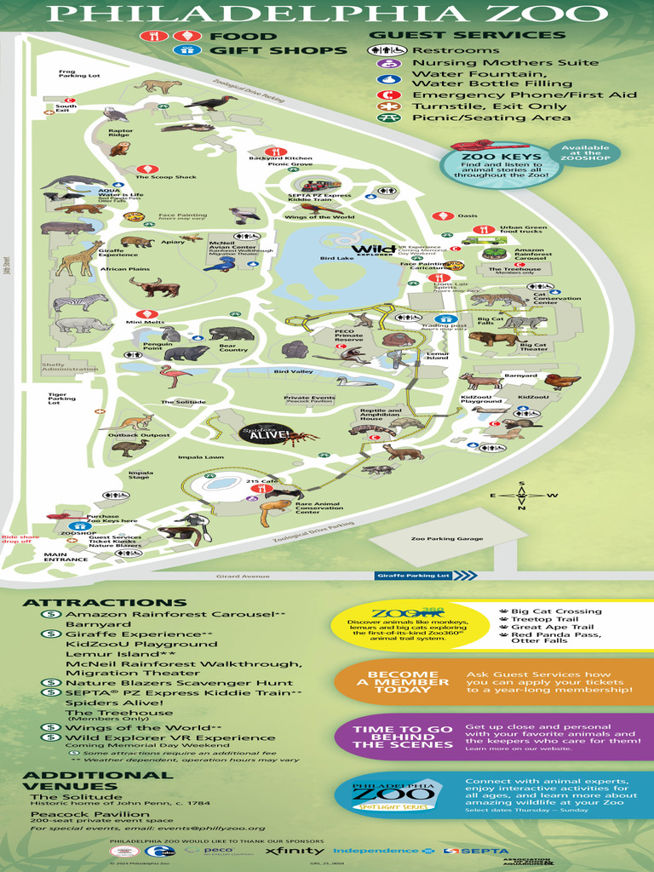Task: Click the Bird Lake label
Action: [x=336, y=258]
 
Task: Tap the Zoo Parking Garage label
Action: [x=446, y=538]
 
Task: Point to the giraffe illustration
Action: [x=79, y=258]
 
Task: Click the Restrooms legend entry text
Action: [x=456, y=50]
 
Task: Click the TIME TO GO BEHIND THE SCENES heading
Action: [x=403, y=737]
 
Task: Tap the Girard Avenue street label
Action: [x=242, y=577]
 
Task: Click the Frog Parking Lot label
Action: [x=78, y=74]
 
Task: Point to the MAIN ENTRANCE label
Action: [x=66, y=557]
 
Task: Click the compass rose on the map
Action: [x=521, y=496]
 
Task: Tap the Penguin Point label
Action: [x=152, y=347]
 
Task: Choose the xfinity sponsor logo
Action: [x=295, y=852]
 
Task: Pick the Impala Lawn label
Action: [x=201, y=457]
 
